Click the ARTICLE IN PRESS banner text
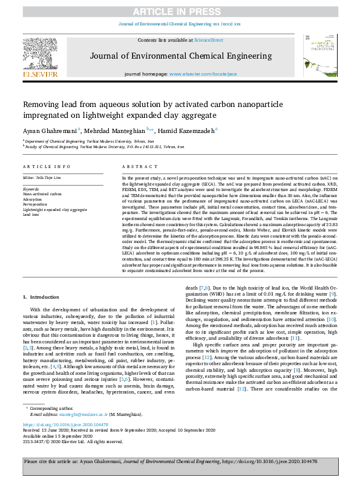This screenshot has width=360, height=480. pos(179,12)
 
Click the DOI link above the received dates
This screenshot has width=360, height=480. pos(68,425)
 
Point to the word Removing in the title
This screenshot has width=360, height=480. pos(43,104)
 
